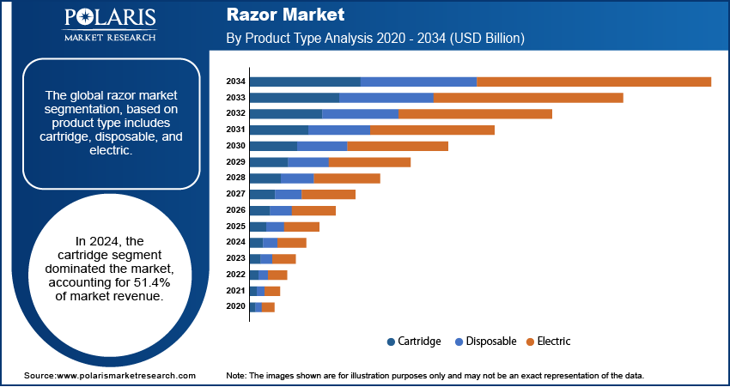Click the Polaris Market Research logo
[109, 25]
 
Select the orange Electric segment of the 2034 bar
[593, 82]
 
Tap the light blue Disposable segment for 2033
[386, 98]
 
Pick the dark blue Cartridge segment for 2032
[285, 113]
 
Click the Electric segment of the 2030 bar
[398, 146]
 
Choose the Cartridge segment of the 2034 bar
[305, 82]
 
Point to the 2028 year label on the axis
[235, 178]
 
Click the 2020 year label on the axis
[235, 306]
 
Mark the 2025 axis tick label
[235, 227]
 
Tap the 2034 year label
[235, 82]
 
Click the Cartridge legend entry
[418, 342]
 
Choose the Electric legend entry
[553, 342]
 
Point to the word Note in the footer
[236, 376]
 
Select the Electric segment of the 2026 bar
[313, 210]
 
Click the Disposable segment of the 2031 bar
[339, 130]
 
